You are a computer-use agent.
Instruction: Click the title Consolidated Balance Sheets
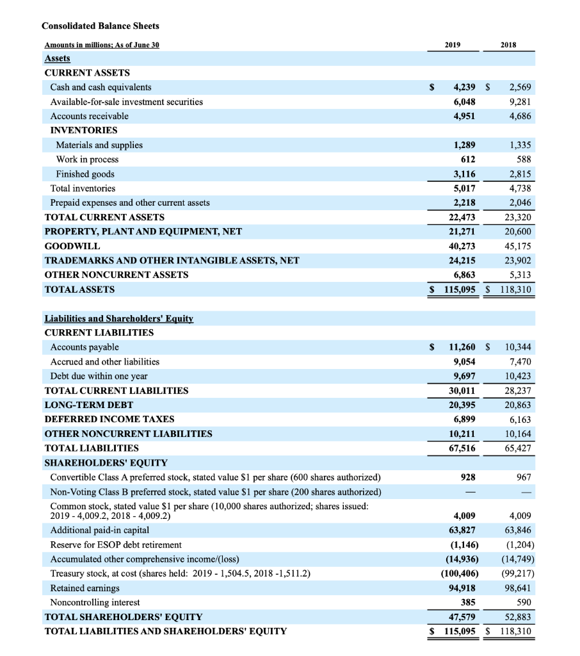click(x=101, y=26)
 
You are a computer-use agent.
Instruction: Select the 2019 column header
click(x=452, y=45)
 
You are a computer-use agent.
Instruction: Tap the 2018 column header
click(x=508, y=45)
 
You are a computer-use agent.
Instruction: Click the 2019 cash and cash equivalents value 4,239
click(x=460, y=87)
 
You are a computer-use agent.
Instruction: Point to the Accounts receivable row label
click(x=89, y=116)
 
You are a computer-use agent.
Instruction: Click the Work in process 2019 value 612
click(x=467, y=159)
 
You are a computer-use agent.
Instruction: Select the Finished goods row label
click(x=85, y=174)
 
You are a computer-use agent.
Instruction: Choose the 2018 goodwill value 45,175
click(x=516, y=246)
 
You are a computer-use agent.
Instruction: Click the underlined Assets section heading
click(x=57, y=58)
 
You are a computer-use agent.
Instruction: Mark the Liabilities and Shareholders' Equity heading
click(x=118, y=318)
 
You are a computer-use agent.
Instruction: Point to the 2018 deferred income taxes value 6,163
click(x=519, y=419)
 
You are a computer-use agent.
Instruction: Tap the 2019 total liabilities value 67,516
click(x=460, y=448)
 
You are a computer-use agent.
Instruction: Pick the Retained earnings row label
click(x=85, y=587)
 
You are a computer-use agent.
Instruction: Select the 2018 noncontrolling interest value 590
click(x=522, y=602)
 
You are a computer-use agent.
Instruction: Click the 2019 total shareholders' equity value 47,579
click(x=460, y=616)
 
